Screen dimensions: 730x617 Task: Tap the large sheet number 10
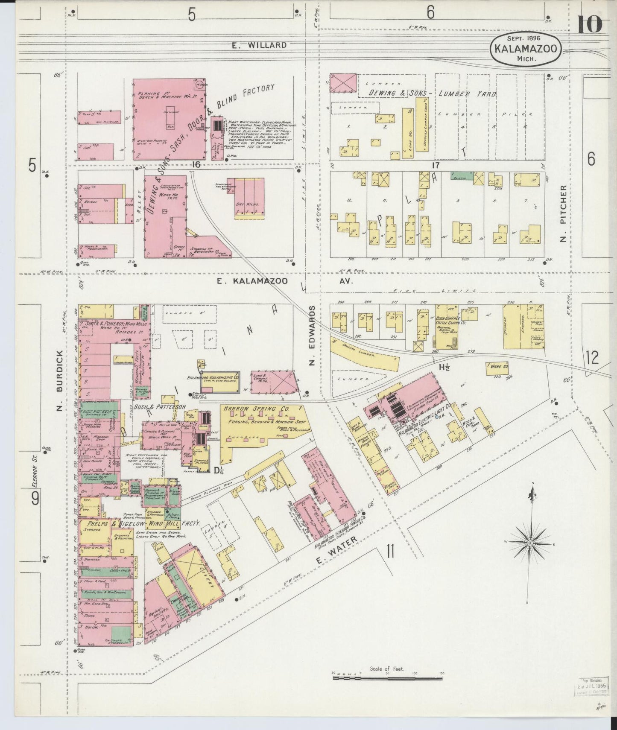(590, 24)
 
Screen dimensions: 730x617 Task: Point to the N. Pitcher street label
(564, 213)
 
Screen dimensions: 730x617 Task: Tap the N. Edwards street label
(312, 336)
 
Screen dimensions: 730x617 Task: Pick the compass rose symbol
(530, 543)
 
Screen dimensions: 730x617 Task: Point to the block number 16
(196, 164)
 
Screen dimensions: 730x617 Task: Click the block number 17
(435, 164)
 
